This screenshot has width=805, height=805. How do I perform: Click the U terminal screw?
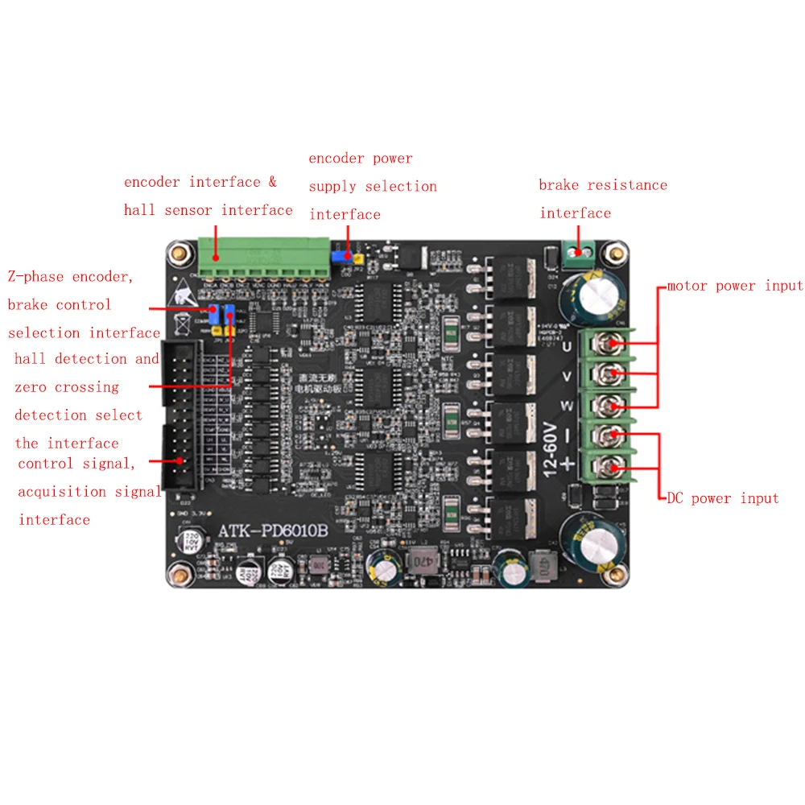(613, 345)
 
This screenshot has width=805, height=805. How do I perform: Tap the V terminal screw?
(613, 374)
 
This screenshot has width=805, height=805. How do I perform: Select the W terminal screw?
(613, 405)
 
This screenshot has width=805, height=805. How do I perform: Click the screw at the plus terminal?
(613, 466)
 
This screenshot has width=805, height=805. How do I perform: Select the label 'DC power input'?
(723, 498)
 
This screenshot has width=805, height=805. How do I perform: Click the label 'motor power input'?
(735, 286)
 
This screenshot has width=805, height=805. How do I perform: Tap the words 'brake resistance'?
(603, 185)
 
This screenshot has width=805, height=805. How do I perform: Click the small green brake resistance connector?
(579, 253)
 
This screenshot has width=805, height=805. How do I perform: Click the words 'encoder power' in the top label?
(361, 159)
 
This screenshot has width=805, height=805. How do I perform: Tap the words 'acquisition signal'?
(89, 492)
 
